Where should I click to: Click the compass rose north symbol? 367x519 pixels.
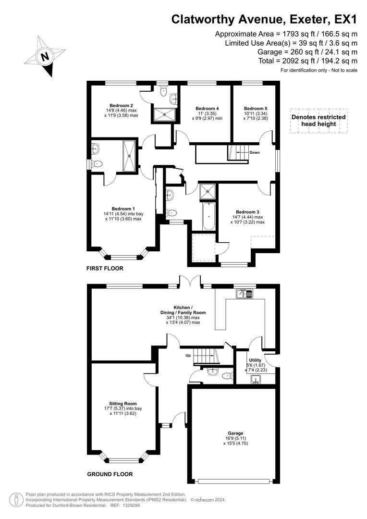tap(45, 57)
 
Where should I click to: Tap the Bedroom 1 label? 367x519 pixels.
tap(123, 208)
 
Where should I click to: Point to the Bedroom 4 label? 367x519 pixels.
tap(207, 108)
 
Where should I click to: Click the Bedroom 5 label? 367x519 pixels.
tap(255, 108)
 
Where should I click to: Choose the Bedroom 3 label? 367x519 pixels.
tap(247, 212)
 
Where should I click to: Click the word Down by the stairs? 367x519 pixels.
tap(255, 153)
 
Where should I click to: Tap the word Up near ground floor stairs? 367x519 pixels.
tap(189, 356)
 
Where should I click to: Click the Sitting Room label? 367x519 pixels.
tap(123, 403)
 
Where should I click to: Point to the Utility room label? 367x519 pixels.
tap(255, 360)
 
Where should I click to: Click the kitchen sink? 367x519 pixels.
tap(245, 293)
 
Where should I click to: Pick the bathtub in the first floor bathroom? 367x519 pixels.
tap(208, 216)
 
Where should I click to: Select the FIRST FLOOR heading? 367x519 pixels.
tap(105, 268)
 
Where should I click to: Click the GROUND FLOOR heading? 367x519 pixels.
tap(110, 474)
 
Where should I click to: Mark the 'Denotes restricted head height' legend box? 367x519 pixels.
tap(319, 121)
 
